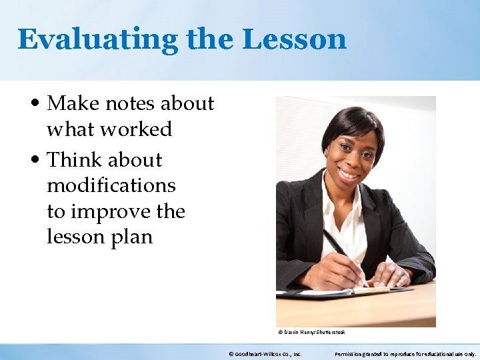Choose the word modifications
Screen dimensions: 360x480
(111, 185)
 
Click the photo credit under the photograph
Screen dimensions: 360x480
(311, 331)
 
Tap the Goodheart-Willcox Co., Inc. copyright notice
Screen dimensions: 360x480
(265, 354)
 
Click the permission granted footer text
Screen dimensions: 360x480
(405, 354)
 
